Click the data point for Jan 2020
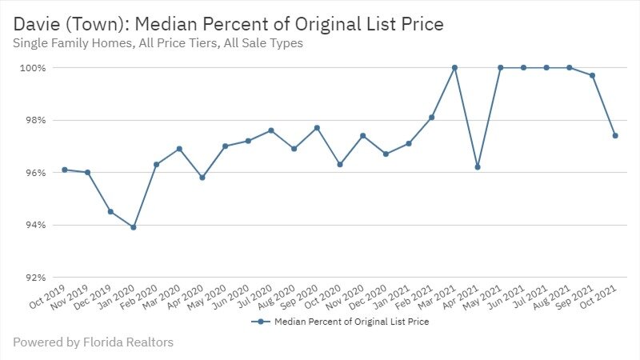[133, 227]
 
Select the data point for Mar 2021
[454, 68]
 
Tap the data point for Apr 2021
[478, 167]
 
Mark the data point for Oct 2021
[615, 136]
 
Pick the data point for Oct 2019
[64, 170]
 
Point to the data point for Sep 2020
[317, 128]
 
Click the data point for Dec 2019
[110, 211]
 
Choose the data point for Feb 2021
[431, 118]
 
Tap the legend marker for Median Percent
[258, 322]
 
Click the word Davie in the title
[34, 25]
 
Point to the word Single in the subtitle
[31, 44]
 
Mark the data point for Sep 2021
[592, 75]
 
